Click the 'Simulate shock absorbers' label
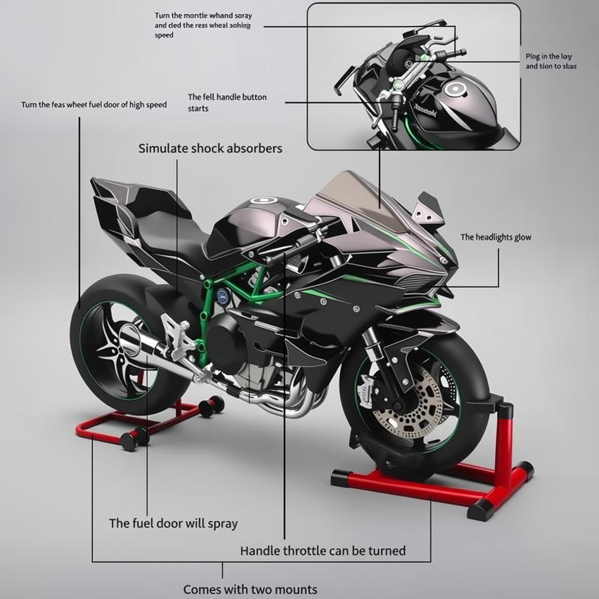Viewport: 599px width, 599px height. pyautogui.click(x=210, y=148)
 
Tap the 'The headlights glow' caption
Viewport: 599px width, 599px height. pyautogui.click(x=495, y=237)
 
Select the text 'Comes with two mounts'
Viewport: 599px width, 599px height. pyautogui.click(x=250, y=589)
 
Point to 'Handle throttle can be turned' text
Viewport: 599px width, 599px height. pyautogui.click(x=323, y=551)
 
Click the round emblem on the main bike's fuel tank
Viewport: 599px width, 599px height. pyautogui.click(x=264, y=201)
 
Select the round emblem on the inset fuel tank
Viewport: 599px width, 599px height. pyautogui.click(x=454, y=91)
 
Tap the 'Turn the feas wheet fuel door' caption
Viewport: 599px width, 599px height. pyautogui.click(x=94, y=105)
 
